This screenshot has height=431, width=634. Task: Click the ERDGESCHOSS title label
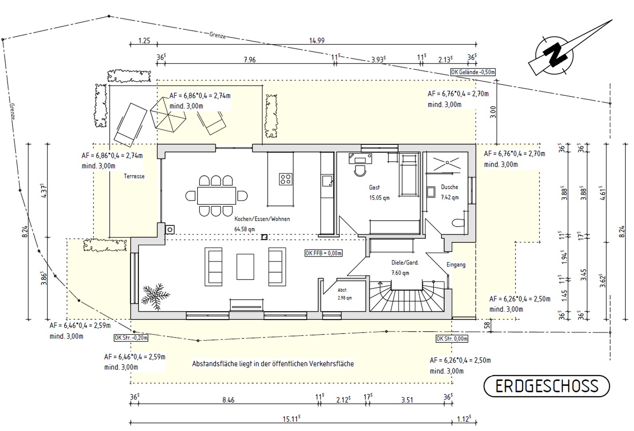pos(547,386)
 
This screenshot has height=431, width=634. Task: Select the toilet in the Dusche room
pos(458,223)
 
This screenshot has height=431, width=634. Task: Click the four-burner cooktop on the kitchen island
pos(285,179)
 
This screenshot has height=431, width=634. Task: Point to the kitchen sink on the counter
pos(327,181)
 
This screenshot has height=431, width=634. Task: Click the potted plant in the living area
pos(155,296)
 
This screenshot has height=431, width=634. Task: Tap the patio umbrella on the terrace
pos(168,115)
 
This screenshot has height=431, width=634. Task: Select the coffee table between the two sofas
pos(245,267)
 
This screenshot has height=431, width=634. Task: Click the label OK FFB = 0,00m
pos(323,253)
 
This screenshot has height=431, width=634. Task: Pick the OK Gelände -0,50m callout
pos(473,72)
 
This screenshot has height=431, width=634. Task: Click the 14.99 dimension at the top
pos(317,41)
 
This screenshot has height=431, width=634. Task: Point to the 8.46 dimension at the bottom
pos(228,400)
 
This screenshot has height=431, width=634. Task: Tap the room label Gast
pos(374,188)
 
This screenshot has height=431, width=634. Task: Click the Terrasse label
pos(134,176)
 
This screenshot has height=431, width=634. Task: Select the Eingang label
pos(456,265)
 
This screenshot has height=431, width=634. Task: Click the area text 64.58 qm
pos(245,229)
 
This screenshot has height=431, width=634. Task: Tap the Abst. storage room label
pos(342,290)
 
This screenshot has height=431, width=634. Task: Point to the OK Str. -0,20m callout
pos(131,338)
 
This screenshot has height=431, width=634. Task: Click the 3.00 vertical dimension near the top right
pos(493,112)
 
